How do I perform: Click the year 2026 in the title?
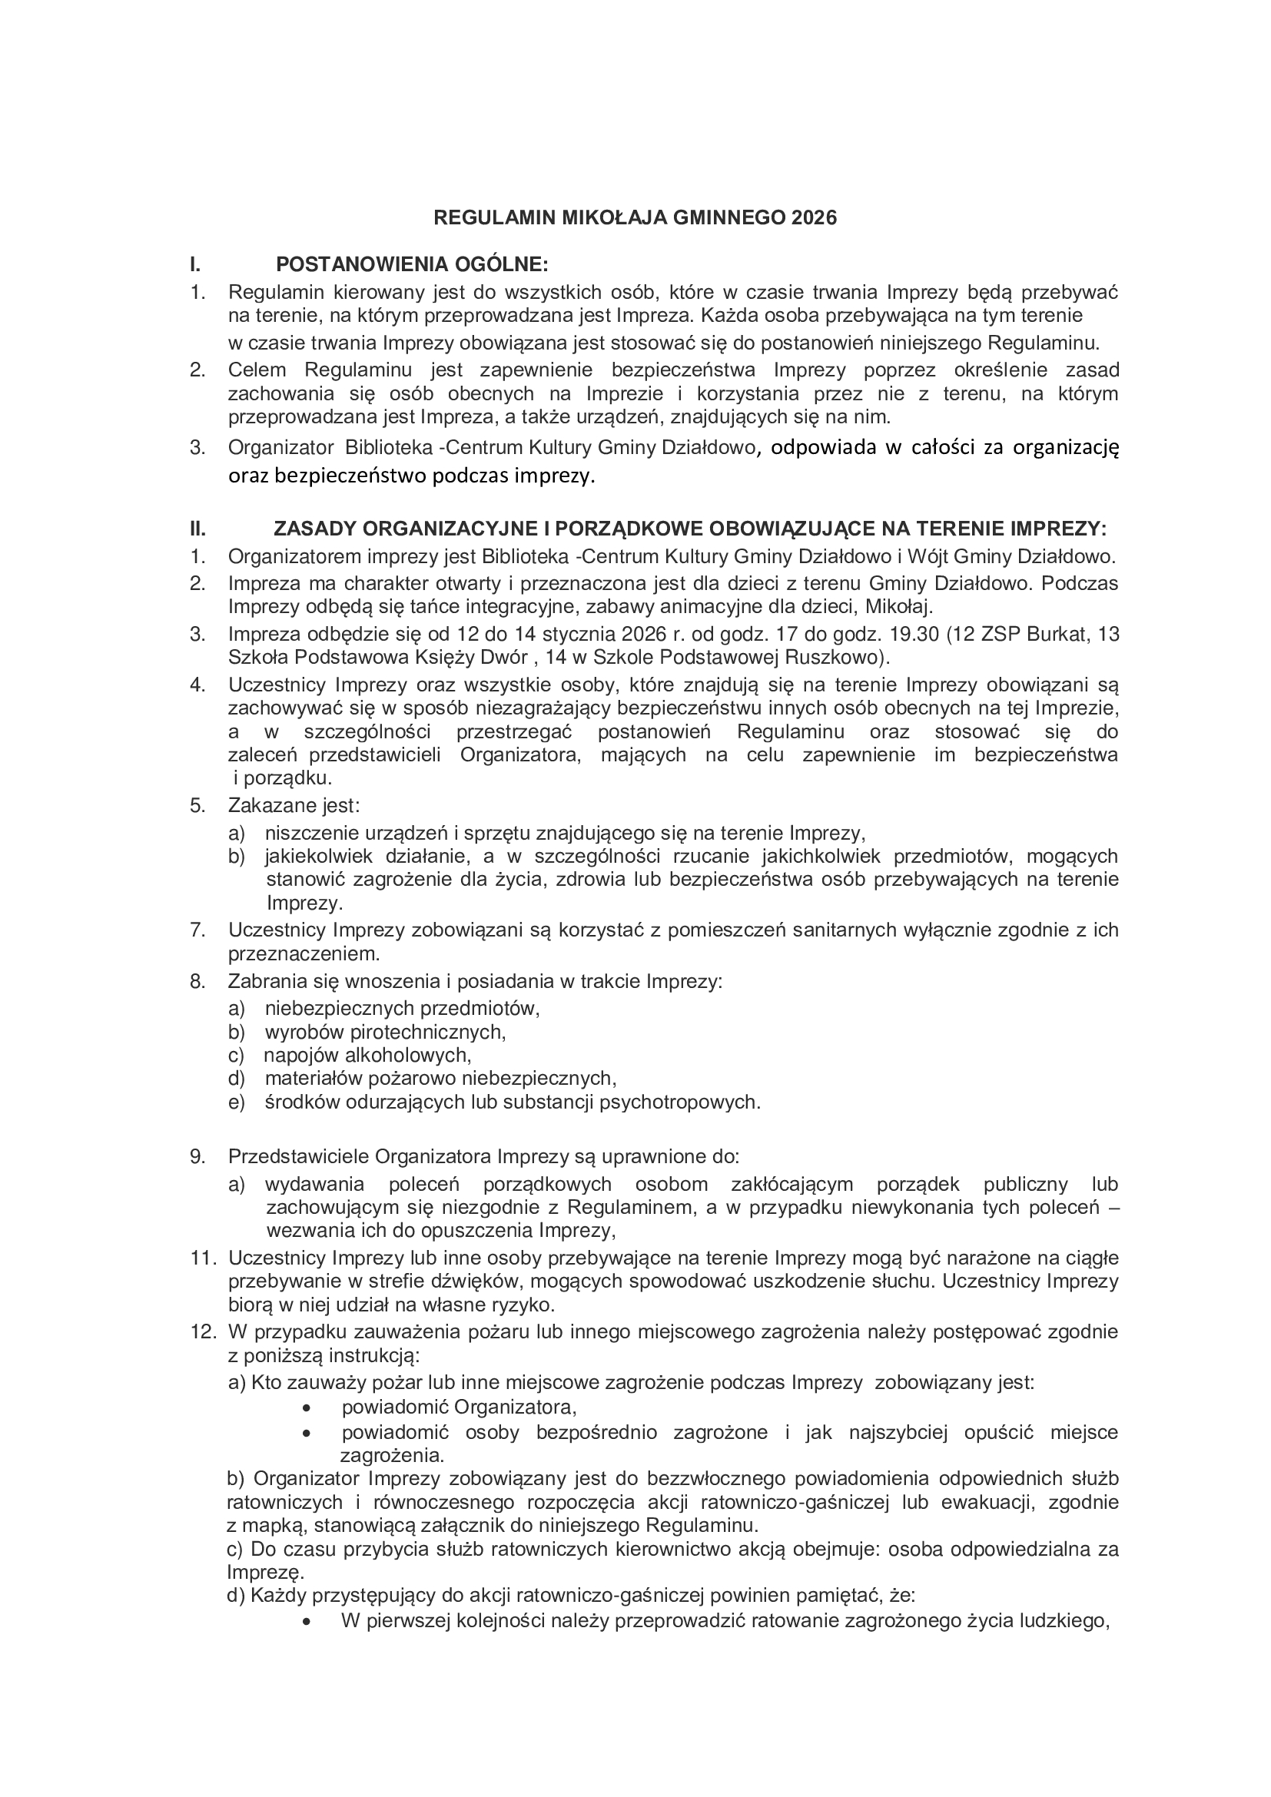tap(814, 217)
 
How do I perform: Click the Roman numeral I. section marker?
tap(196, 264)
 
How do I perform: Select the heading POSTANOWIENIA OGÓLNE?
tap(412, 264)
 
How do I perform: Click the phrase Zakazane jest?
tap(294, 805)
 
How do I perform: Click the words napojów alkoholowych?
tap(367, 1055)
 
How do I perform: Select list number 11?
tap(203, 1258)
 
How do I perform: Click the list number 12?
tap(203, 1331)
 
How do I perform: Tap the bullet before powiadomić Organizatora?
tap(307, 1407)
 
